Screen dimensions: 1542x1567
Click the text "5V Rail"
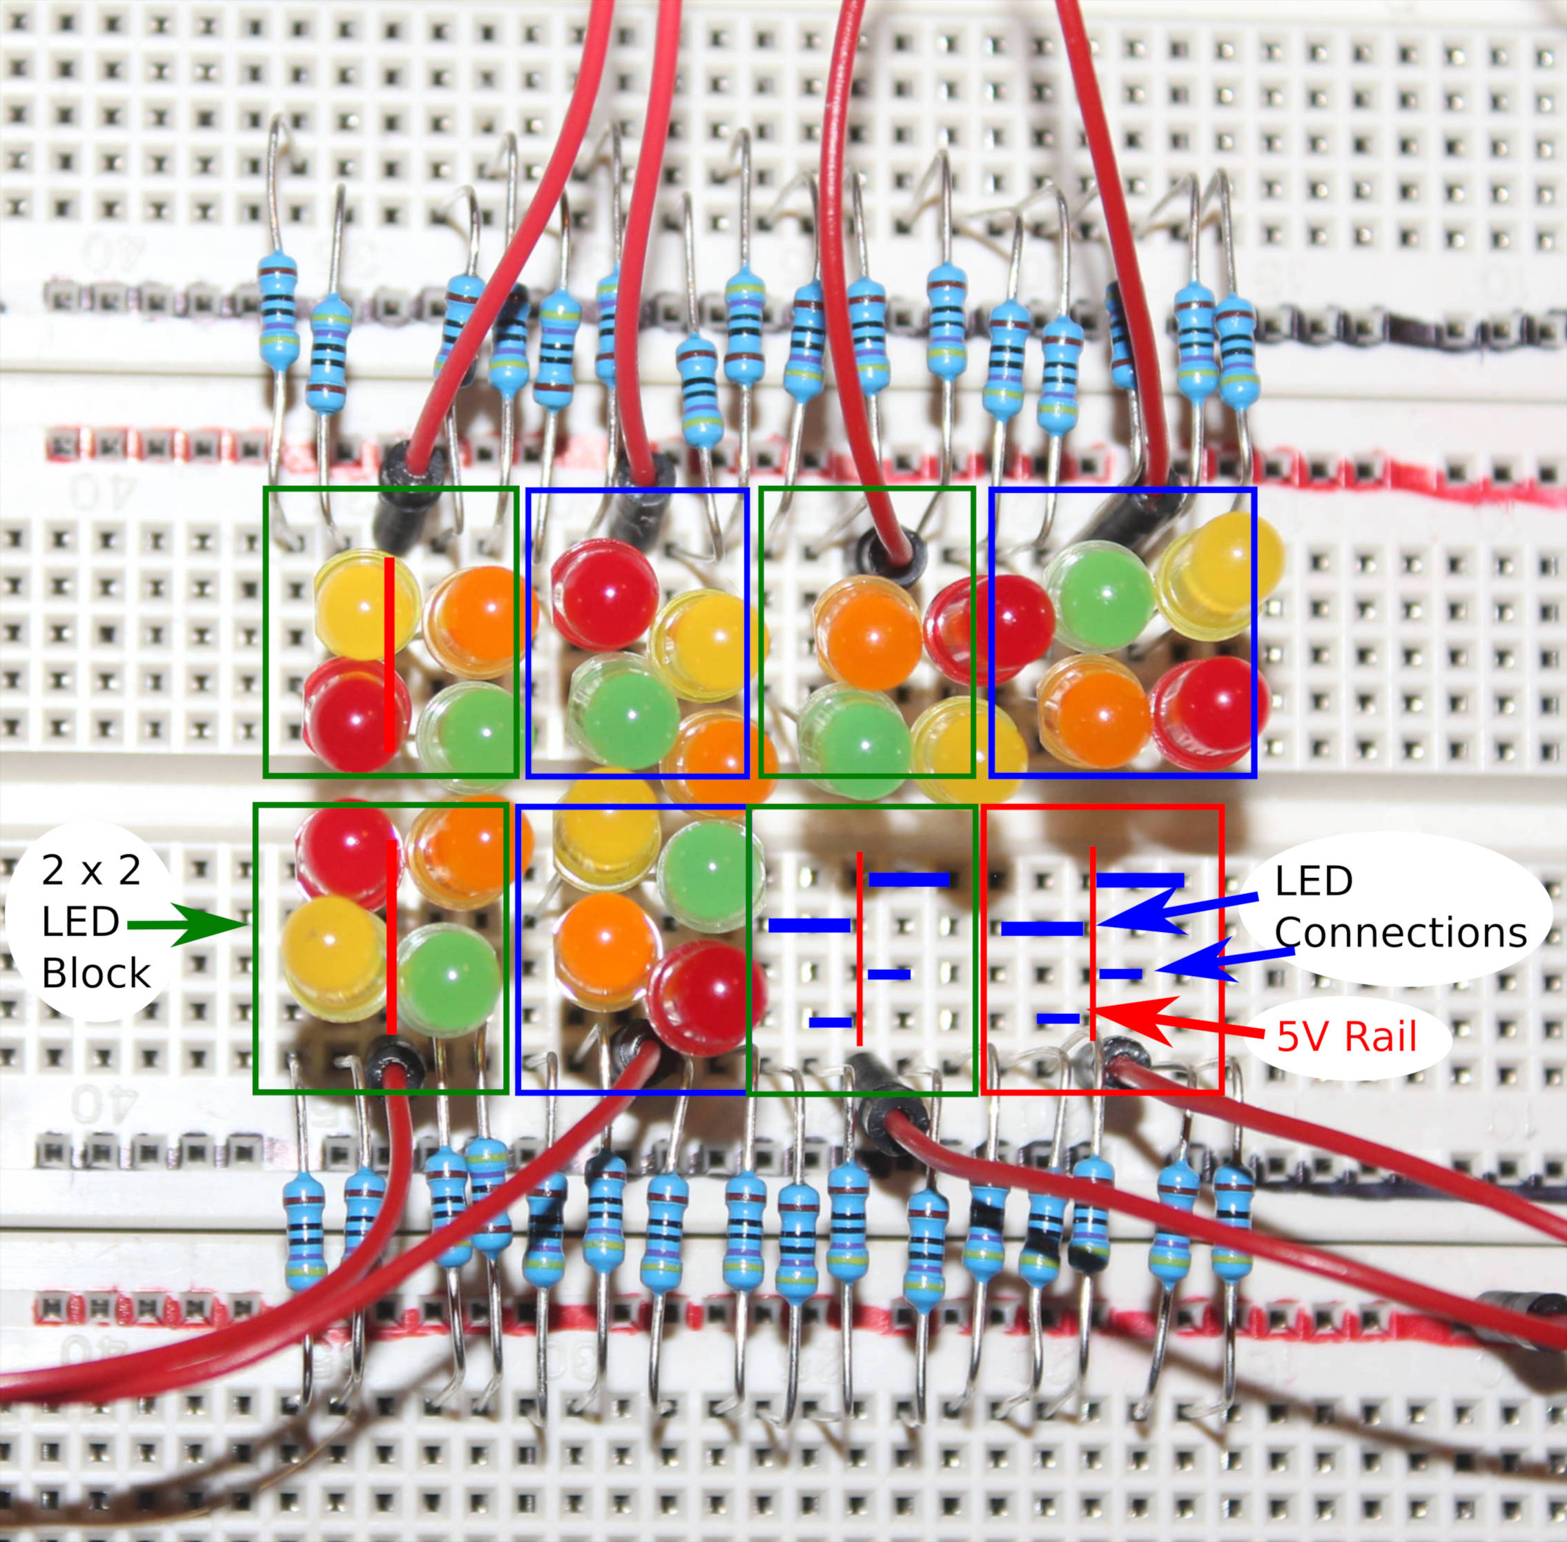tap(1347, 1037)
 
